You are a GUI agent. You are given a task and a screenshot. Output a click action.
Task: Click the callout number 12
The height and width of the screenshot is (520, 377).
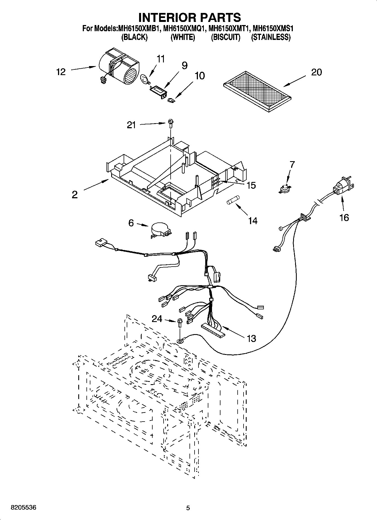(61, 72)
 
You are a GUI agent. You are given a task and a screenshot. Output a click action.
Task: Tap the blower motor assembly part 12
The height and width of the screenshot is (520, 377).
(120, 67)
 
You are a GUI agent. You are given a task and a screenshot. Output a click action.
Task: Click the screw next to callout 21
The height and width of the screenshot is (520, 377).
(170, 123)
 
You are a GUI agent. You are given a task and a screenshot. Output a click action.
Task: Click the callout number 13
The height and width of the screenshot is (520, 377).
(251, 338)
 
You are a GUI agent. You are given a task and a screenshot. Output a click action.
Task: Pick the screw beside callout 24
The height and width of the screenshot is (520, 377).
(180, 323)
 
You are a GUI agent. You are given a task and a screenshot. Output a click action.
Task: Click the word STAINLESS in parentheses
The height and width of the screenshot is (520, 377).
(271, 37)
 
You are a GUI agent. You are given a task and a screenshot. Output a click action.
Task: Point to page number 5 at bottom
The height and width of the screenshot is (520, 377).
(188, 508)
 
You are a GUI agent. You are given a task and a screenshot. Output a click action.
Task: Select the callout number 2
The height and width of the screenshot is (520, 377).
(74, 194)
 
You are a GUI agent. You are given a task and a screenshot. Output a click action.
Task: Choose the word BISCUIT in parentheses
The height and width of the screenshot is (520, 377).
(226, 37)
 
